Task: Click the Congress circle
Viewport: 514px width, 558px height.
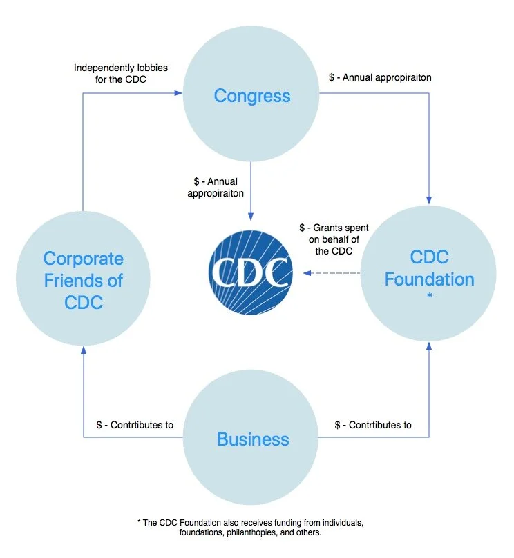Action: click(251, 95)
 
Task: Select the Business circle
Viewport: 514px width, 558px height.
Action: click(253, 439)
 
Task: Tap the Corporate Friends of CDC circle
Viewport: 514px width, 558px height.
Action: click(83, 280)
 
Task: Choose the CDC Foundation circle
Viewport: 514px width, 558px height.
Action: click(429, 269)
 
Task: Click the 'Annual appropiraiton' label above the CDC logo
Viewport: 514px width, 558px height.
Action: click(216, 187)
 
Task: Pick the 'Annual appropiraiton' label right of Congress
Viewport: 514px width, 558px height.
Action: click(380, 77)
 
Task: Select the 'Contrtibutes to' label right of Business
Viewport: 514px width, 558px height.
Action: click(373, 425)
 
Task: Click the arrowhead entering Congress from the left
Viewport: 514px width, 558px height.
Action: click(178, 92)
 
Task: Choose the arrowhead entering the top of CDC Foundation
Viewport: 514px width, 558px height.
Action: click(429, 201)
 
